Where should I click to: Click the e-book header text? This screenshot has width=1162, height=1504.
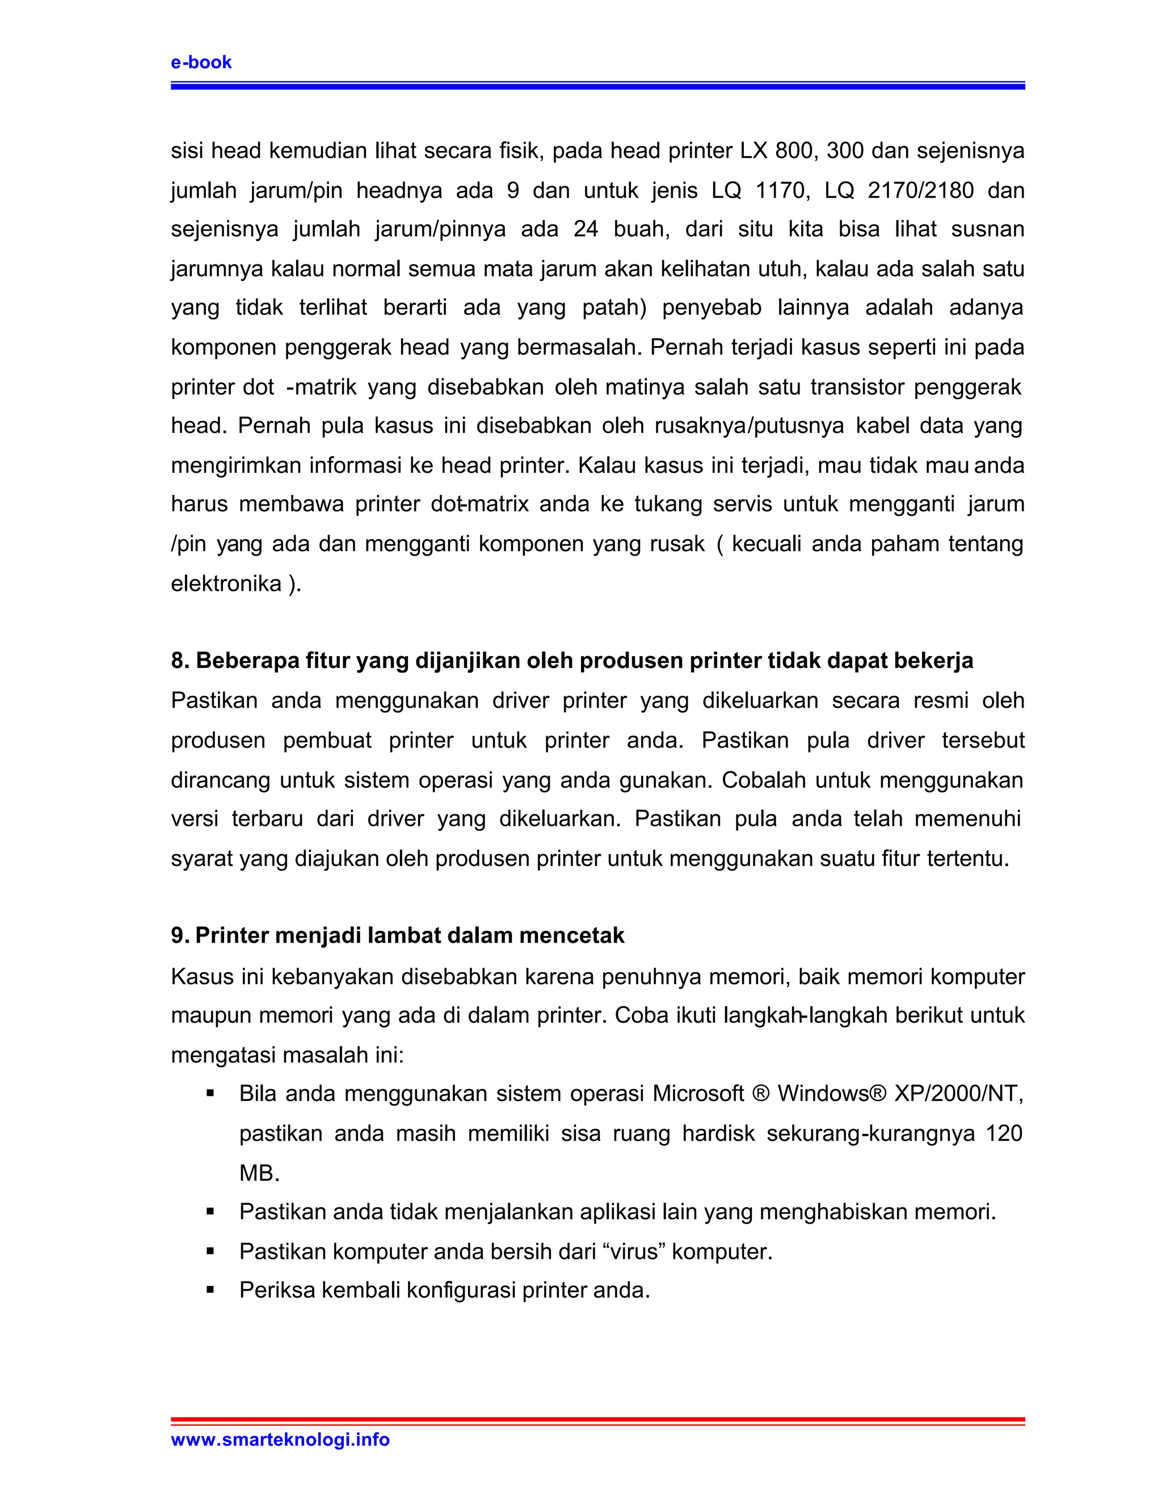[201, 62]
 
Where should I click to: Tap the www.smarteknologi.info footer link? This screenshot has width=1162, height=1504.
[280, 1439]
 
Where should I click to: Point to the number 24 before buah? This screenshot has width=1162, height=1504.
[585, 229]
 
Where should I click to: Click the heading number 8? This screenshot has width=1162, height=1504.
[178, 661]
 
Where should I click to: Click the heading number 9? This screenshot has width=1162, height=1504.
[178, 936]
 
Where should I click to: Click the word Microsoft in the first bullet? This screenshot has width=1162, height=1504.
[698, 1094]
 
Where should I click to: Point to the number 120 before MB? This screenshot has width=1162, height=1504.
[1004, 1133]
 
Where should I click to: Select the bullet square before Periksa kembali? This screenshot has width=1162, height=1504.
[210, 1291]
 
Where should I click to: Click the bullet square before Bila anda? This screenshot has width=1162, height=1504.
[210, 1094]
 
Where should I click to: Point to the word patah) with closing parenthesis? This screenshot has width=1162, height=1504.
[614, 308]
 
